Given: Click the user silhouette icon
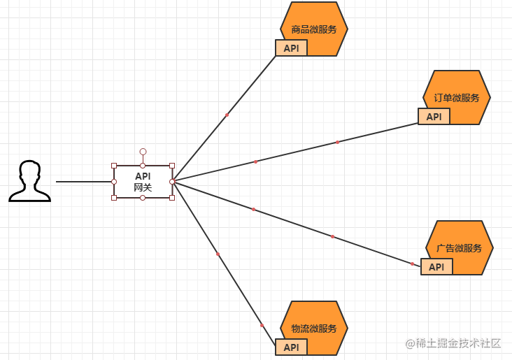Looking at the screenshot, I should click(x=29, y=181).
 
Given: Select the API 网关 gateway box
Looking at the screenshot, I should click(x=143, y=182).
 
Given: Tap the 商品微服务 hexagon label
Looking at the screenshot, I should click(x=314, y=29).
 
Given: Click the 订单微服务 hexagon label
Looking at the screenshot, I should click(x=457, y=98).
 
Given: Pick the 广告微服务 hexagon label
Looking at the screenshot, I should click(x=460, y=248).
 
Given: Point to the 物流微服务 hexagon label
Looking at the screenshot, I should click(x=314, y=329).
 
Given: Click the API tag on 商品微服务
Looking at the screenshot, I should click(x=292, y=48).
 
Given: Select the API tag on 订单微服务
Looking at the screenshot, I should click(x=434, y=117).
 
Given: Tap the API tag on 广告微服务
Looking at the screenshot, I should click(x=436, y=267).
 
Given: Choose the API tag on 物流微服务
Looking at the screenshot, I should click(x=292, y=347).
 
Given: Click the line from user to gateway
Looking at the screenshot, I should click(x=84, y=182).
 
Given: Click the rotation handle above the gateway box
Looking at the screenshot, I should click(x=143, y=151).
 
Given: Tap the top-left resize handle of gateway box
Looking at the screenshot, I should click(x=114, y=166).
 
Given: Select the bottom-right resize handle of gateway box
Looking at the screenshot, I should click(x=172, y=198).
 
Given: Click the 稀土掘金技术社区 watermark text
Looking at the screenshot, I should click(x=454, y=343).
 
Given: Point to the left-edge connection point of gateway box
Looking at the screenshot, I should click(x=114, y=182).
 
